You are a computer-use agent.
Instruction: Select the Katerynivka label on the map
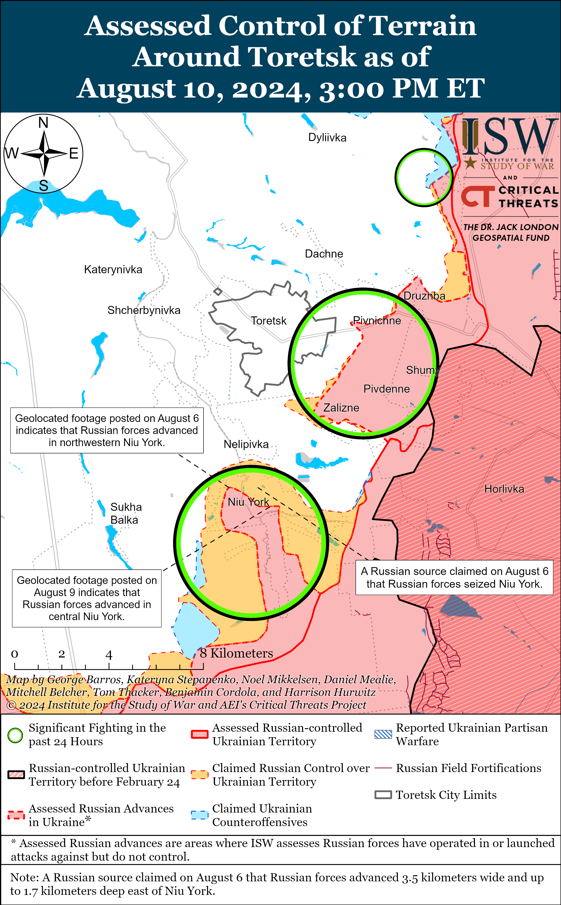point(113,269)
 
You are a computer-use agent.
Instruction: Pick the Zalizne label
point(341,408)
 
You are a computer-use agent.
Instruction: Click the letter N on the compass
point(43,123)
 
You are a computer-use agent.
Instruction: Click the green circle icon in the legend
point(15,735)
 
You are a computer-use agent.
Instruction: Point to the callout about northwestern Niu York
point(107,430)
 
